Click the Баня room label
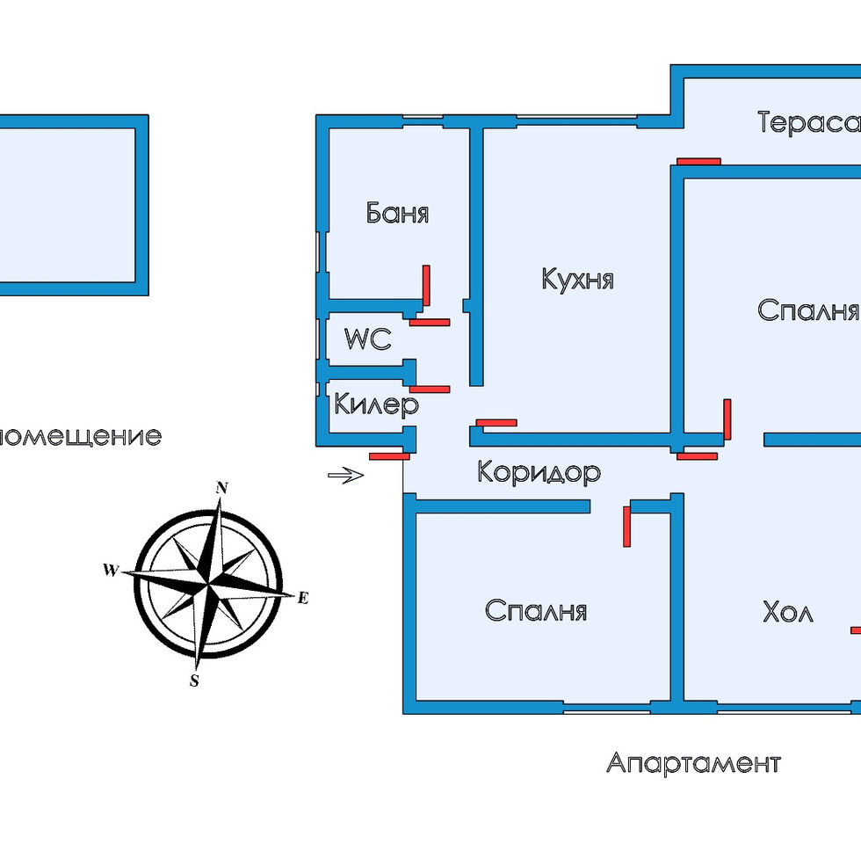(397, 214)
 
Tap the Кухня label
(577, 280)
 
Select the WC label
(367, 339)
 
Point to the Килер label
(376, 406)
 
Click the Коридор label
(539, 472)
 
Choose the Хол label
(787, 611)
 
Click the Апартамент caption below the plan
(692, 762)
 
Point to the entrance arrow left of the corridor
(345, 476)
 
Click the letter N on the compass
(222, 488)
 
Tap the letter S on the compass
(195, 681)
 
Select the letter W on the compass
(111, 570)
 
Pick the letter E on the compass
(303, 598)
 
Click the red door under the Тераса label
(698, 162)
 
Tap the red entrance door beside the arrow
(389, 456)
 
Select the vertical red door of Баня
(426, 286)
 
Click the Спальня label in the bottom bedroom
(535, 611)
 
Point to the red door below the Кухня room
(495, 423)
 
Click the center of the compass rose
(207, 582)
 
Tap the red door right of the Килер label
(430, 389)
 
